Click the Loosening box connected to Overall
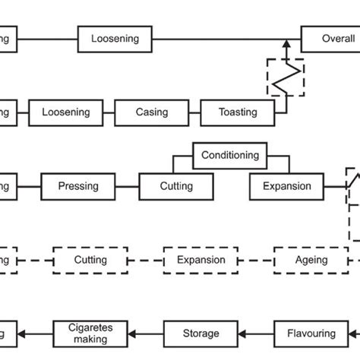(x=115, y=39)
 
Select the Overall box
(x=330, y=39)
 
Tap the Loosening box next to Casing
(x=65, y=112)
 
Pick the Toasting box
(x=237, y=112)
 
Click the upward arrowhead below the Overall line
(x=286, y=46)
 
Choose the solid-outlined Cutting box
(x=175, y=186)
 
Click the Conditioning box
(x=230, y=156)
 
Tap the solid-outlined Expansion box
(x=286, y=186)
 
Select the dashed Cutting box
(x=90, y=260)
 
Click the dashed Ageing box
(x=311, y=260)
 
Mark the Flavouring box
(x=311, y=333)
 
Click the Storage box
(x=201, y=333)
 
